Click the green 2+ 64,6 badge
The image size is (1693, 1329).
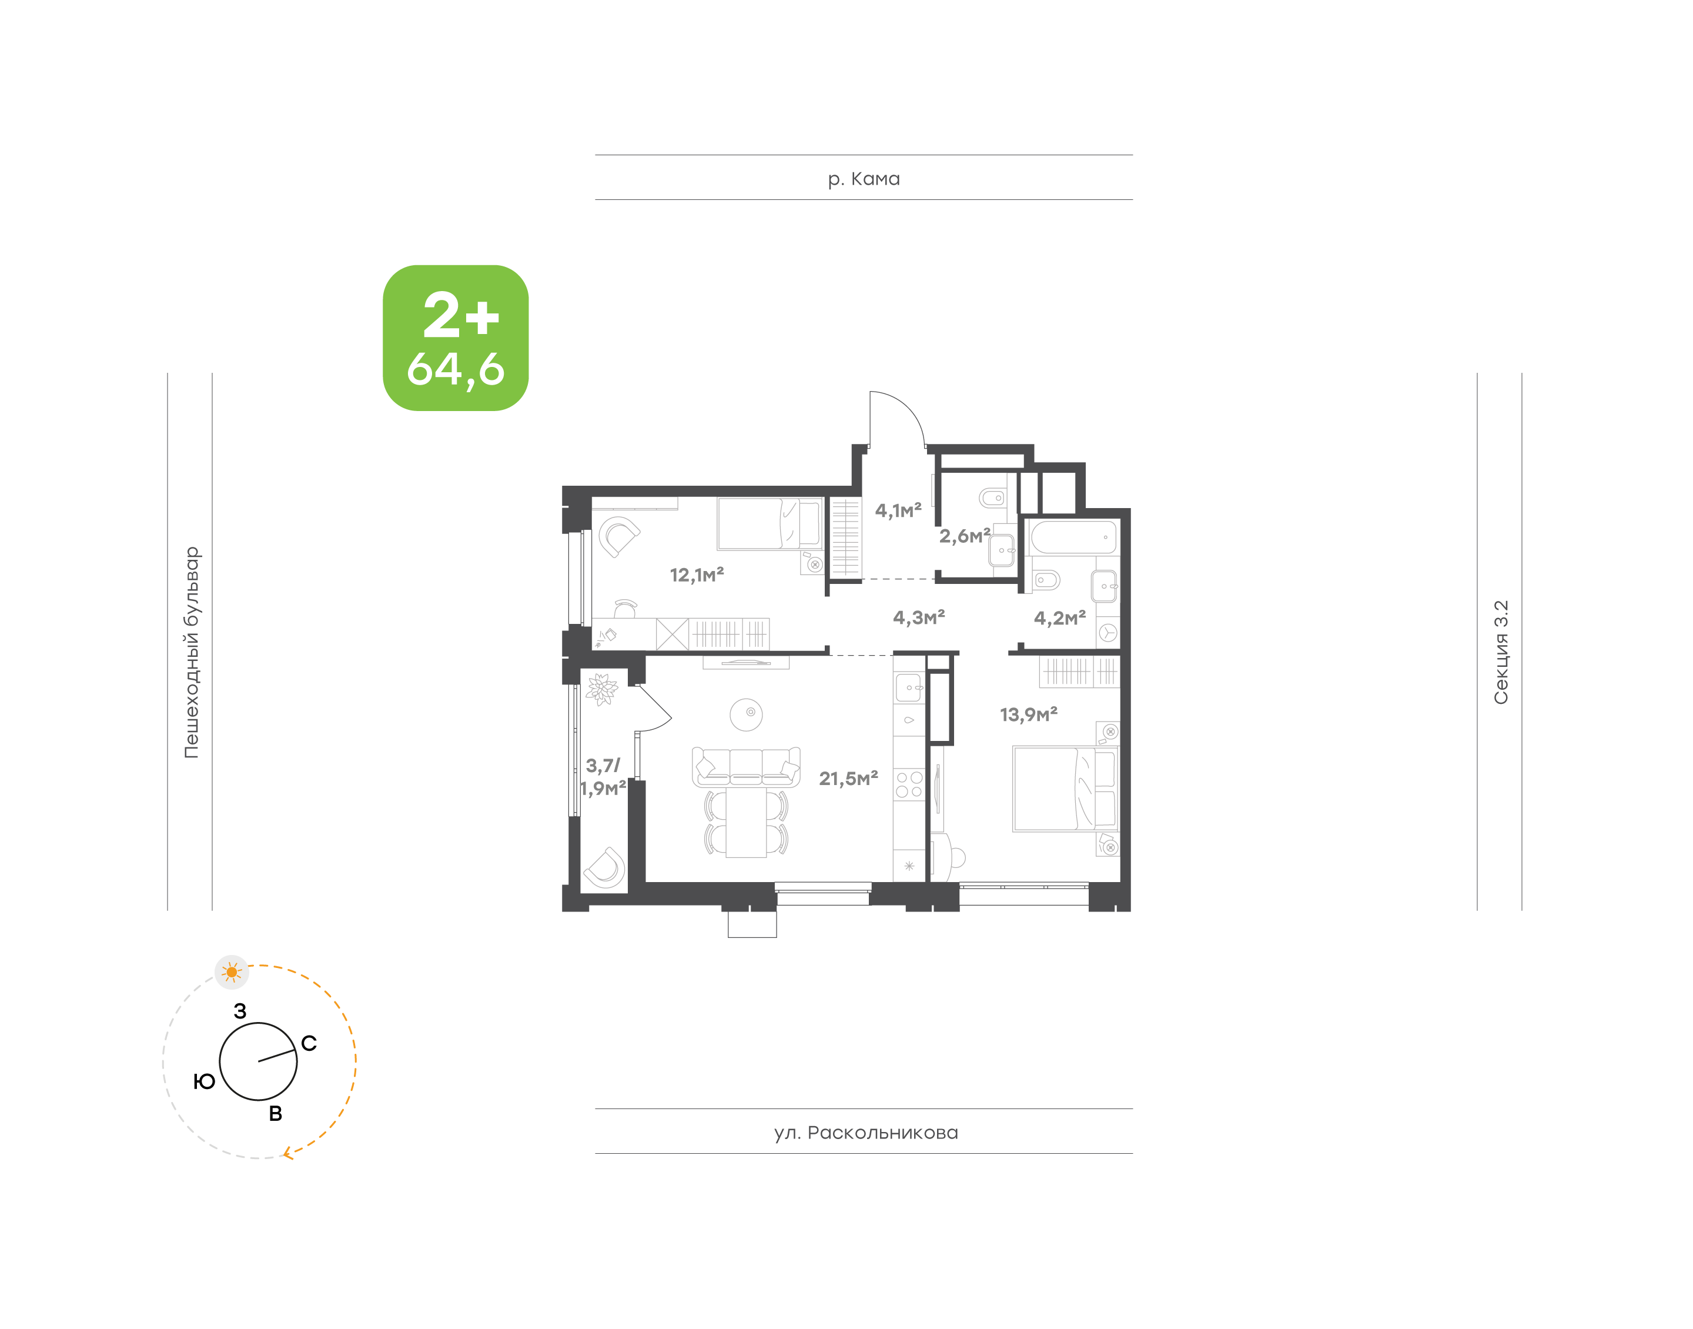456,338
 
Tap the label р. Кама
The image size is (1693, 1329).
863,179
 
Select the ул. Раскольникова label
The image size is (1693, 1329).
865,1132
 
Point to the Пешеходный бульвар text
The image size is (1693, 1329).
191,652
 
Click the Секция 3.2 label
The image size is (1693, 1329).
1500,652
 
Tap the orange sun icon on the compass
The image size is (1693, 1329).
232,972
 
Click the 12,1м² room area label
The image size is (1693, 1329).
697,575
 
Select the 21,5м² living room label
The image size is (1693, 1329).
848,778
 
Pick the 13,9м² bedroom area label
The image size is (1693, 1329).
1028,714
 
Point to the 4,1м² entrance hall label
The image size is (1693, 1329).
898,510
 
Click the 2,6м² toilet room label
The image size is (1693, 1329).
964,536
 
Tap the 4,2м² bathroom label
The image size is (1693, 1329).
1059,619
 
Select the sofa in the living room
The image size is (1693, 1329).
746,766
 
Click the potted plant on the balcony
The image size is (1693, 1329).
601,689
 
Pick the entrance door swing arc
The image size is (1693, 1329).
902,412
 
